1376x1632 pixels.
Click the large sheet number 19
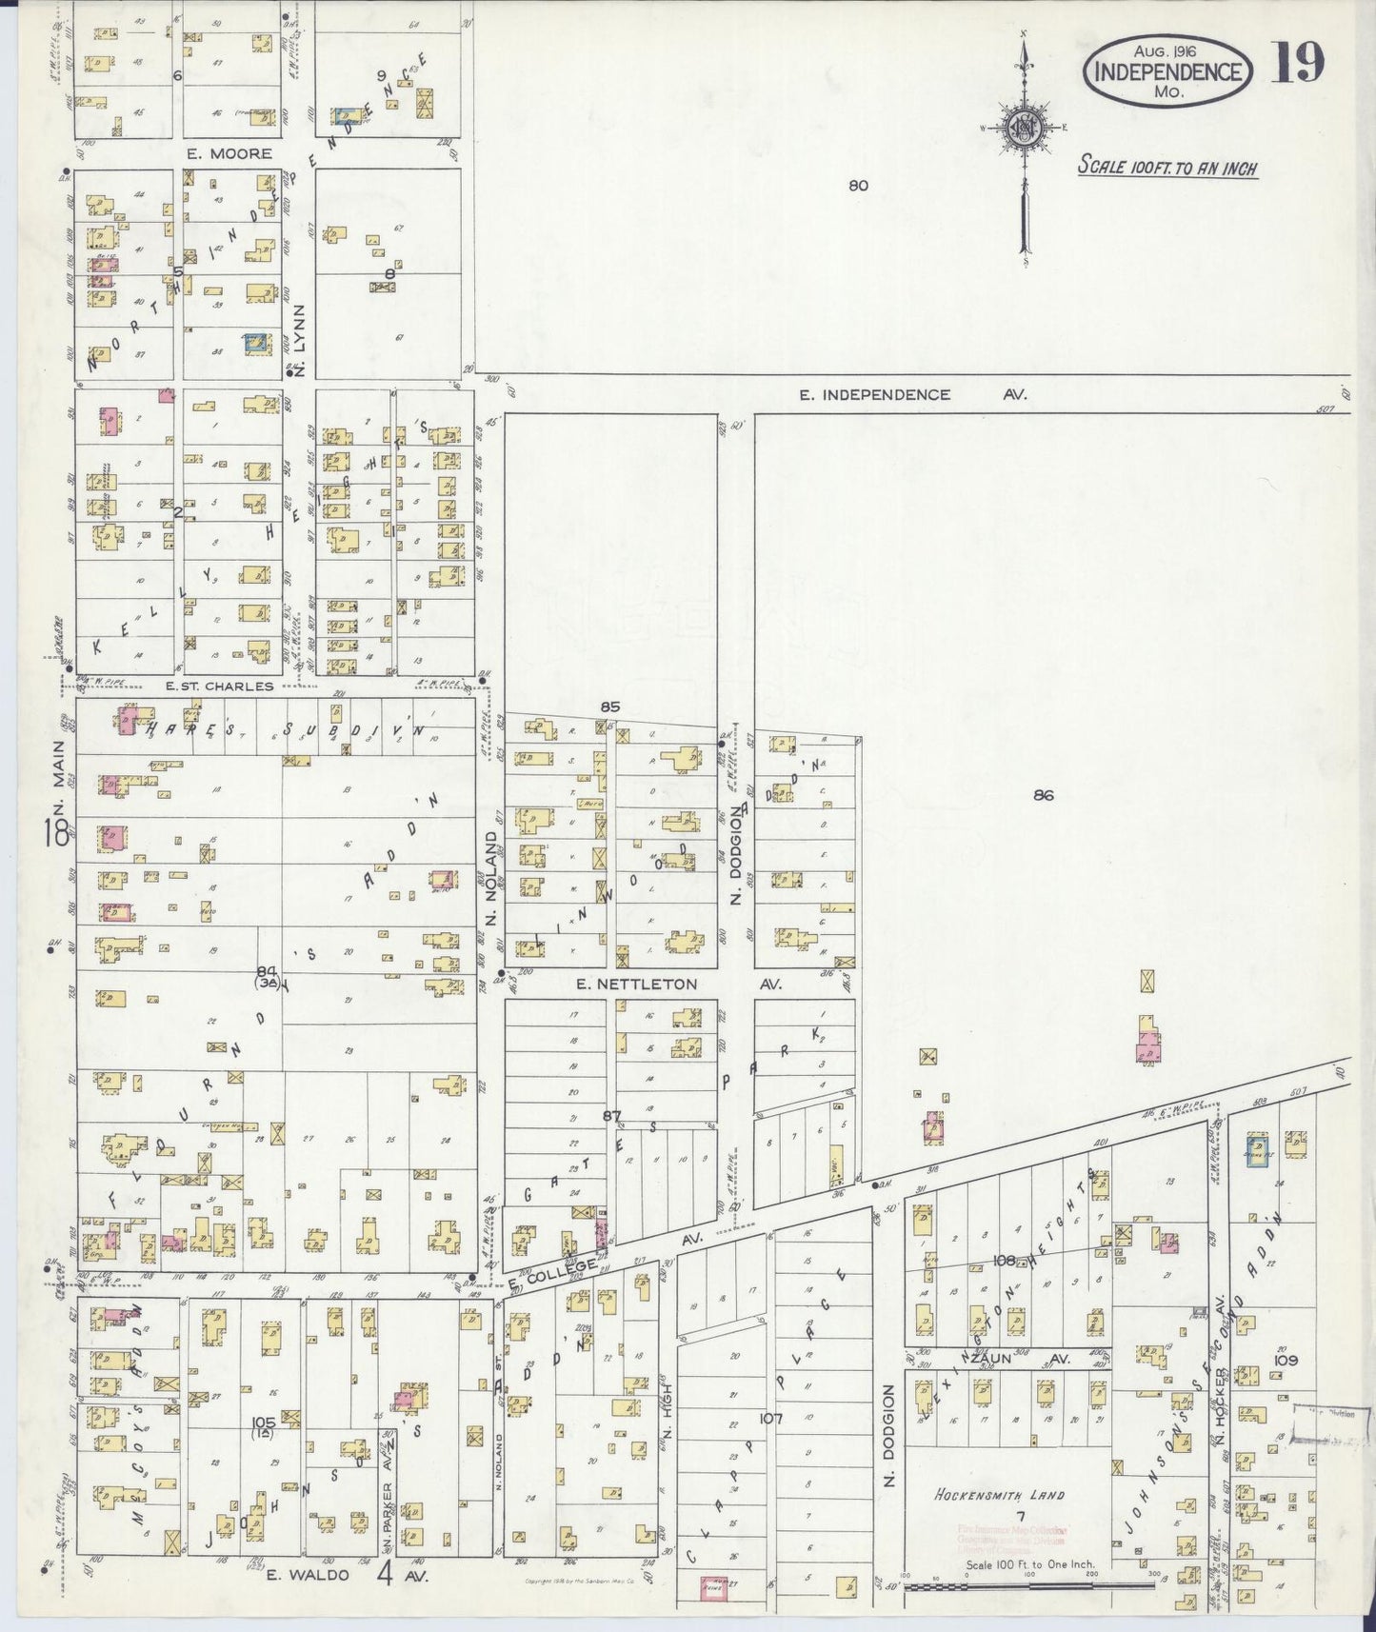click(1297, 64)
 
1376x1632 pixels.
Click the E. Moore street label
click(229, 153)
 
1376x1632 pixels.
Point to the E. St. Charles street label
click(219, 686)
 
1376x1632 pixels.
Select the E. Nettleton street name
click(636, 985)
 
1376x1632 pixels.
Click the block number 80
click(858, 186)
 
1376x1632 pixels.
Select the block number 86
click(1044, 795)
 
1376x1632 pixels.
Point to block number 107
click(770, 1419)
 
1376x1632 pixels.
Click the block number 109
click(1286, 1361)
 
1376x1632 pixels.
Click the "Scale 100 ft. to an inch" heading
click(1167, 169)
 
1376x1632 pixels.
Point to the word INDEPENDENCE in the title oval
click(1167, 72)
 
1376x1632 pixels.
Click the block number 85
click(610, 707)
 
